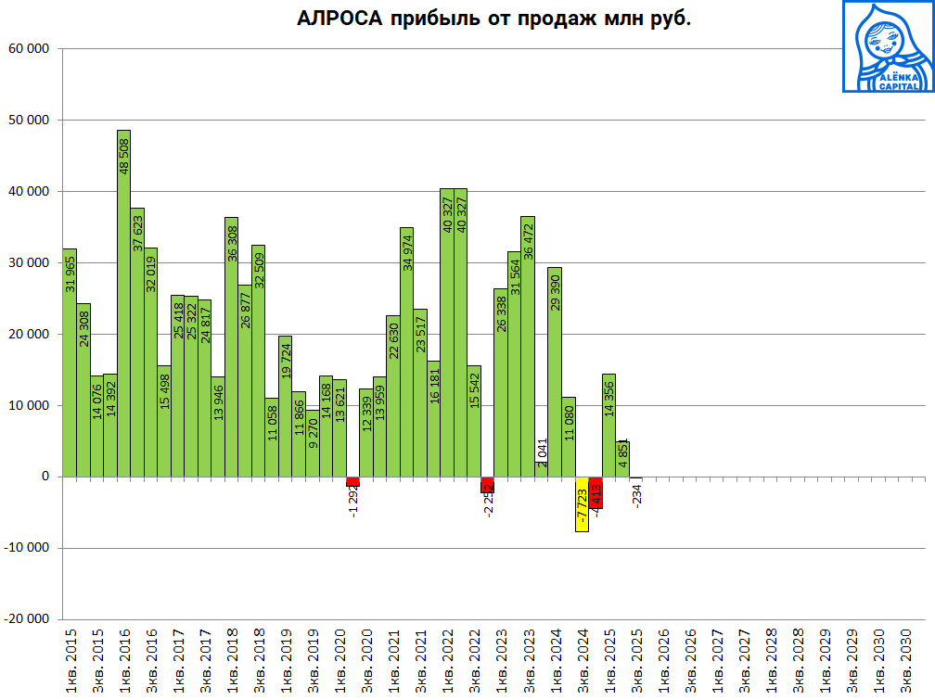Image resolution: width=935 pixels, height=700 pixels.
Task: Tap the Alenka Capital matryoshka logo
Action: point(888,46)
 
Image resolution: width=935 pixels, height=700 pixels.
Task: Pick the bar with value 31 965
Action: point(70,362)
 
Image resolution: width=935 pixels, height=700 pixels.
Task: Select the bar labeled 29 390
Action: point(555,372)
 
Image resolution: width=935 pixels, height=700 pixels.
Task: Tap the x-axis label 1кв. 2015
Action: point(70,662)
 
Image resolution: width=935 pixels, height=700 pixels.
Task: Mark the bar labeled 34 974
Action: point(406,351)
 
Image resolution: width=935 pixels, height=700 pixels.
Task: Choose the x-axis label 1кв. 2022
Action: point(447,662)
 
